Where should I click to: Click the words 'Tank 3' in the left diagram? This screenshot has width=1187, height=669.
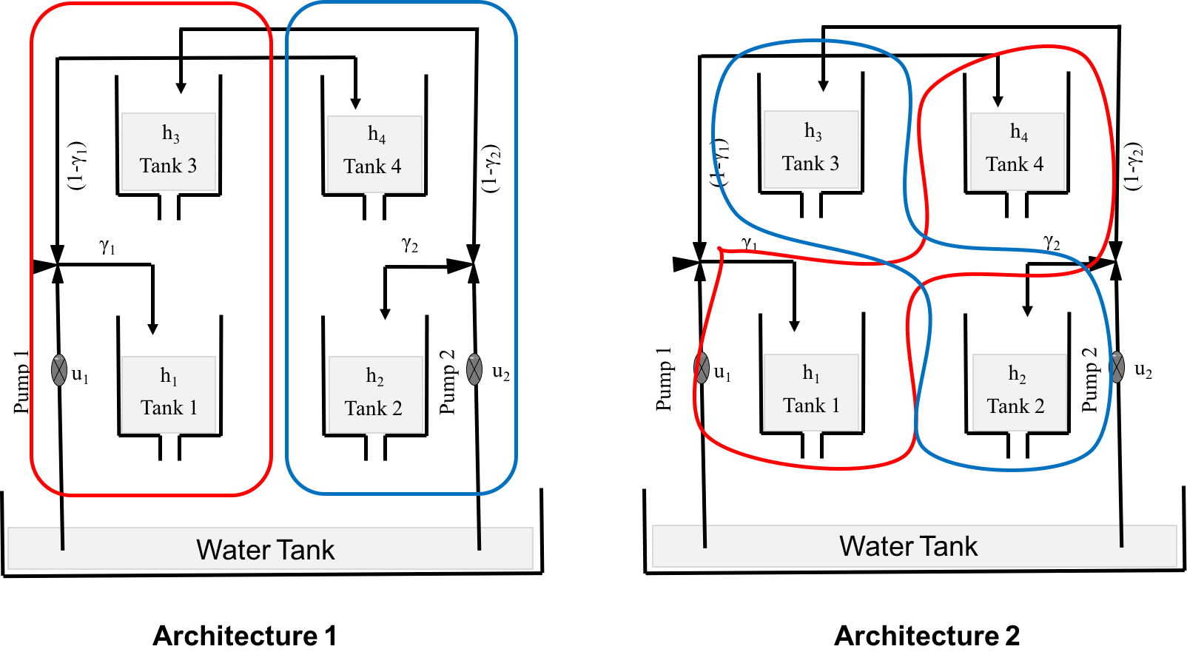[168, 166]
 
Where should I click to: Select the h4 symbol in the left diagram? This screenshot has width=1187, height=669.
[377, 134]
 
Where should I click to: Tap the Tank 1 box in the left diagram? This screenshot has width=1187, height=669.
[169, 394]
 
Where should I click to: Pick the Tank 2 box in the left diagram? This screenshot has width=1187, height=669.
[375, 394]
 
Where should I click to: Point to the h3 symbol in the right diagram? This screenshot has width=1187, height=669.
[813, 131]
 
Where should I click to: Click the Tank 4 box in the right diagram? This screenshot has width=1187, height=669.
[1017, 152]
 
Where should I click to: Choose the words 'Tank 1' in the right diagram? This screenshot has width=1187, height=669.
[811, 406]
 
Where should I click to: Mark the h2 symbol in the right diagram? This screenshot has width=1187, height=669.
[1018, 374]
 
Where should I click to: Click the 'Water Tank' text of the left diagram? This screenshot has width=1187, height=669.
[266, 550]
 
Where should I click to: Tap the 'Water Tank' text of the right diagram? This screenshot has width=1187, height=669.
[908, 546]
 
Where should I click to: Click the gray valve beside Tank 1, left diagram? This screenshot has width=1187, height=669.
[59, 370]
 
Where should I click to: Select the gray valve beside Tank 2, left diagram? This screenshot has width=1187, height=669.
[474, 369]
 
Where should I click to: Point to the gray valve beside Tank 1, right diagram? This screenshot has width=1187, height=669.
[702, 368]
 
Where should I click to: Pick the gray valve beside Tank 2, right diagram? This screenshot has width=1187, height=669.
[1117, 367]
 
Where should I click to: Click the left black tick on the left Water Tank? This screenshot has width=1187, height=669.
[63, 538]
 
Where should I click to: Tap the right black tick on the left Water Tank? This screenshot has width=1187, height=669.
[480, 538]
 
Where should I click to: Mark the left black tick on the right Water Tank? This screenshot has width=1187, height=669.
[705, 537]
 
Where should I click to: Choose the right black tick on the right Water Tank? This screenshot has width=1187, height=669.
[1122, 536]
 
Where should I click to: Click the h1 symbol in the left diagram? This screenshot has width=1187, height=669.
[169, 376]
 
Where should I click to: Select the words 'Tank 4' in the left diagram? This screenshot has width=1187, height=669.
[372, 167]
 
